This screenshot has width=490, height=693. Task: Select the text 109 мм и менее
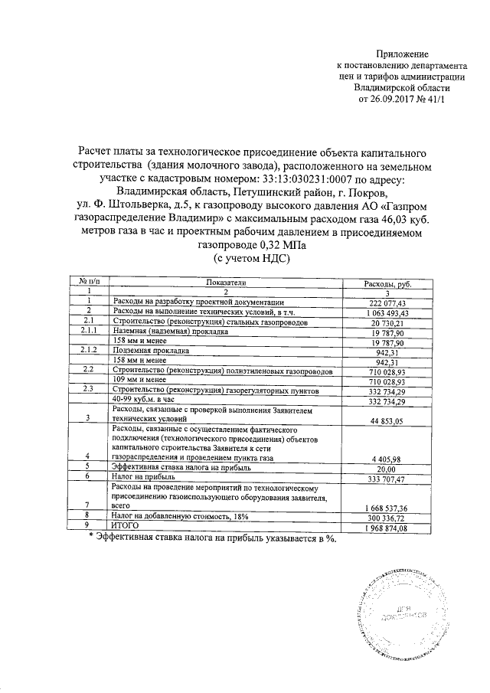[139, 381]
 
